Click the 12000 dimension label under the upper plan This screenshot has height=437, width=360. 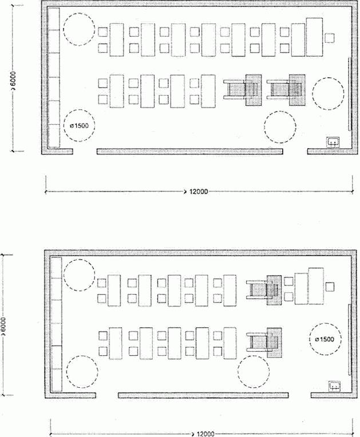click(x=199, y=192)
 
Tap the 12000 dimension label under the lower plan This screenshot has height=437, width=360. click(x=205, y=434)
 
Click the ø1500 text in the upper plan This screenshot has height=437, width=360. click(x=79, y=126)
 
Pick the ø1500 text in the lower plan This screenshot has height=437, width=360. click(x=325, y=339)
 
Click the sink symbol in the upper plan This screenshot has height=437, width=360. click(x=333, y=142)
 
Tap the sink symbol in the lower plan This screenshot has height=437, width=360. click(x=335, y=386)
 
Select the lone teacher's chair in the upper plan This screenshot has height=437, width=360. click(x=329, y=38)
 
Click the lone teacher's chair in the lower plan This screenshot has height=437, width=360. click(x=330, y=287)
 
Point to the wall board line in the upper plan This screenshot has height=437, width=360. click(x=349, y=94)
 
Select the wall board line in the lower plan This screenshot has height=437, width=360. click(x=349, y=340)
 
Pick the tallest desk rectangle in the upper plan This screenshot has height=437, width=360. click(x=314, y=37)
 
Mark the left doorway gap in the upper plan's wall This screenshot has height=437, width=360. click(x=85, y=152)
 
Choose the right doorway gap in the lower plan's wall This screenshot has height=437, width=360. click(x=300, y=395)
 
